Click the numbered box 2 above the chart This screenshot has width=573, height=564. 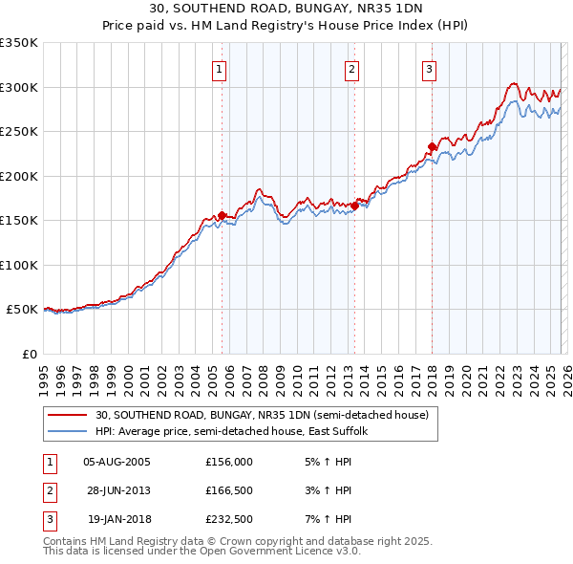(x=352, y=69)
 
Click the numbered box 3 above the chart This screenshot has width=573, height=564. (x=429, y=69)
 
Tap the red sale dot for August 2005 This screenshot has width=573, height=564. (x=223, y=215)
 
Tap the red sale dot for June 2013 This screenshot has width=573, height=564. (x=354, y=206)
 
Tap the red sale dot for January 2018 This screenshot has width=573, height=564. (x=432, y=146)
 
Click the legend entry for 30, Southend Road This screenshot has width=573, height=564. (x=266, y=415)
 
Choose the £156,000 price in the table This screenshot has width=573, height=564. (x=229, y=461)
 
